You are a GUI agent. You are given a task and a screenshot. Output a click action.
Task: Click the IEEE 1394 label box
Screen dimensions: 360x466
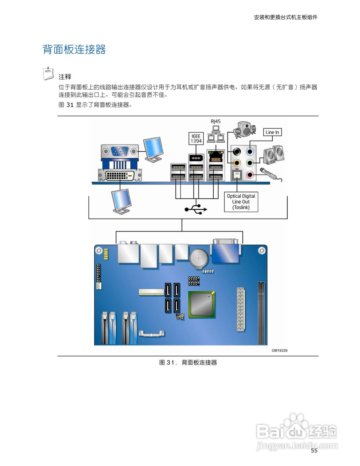pyautogui.click(x=196, y=138)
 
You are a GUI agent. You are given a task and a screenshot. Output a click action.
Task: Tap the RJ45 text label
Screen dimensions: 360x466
pyautogui.click(x=215, y=122)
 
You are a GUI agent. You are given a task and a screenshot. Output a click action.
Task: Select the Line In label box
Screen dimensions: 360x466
pyautogui.click(x=272, y=132)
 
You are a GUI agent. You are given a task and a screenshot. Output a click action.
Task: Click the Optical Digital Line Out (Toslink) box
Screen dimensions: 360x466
pyautogui.click(x=241, y=202)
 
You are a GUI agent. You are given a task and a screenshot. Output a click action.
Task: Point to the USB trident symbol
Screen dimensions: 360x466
pyautogui.click(x=196, y=209)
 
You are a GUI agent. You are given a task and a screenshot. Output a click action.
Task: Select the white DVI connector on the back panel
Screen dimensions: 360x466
pyautogui.click(x=120, y=175)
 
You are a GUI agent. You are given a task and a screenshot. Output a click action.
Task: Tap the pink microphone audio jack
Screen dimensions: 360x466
pyautogui.click(x=250, y=175)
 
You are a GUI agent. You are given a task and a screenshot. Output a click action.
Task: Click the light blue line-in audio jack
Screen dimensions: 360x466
pyautogui.click(x=250, y=151)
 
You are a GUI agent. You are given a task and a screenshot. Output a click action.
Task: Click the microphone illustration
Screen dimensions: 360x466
pyautogui.click(x=270, y=173)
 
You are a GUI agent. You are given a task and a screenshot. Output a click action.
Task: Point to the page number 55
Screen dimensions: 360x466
pyautogui.click(x=314, y=451)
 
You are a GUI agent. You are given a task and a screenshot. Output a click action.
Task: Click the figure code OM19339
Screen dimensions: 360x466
pyautogui.click(x=280, y=350)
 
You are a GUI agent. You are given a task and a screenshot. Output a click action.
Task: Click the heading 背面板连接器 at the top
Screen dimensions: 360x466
pyautogui.click(x=74, y=50)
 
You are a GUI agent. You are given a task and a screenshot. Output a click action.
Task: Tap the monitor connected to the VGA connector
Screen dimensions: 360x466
pyautogui.click(x=153, y=149)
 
